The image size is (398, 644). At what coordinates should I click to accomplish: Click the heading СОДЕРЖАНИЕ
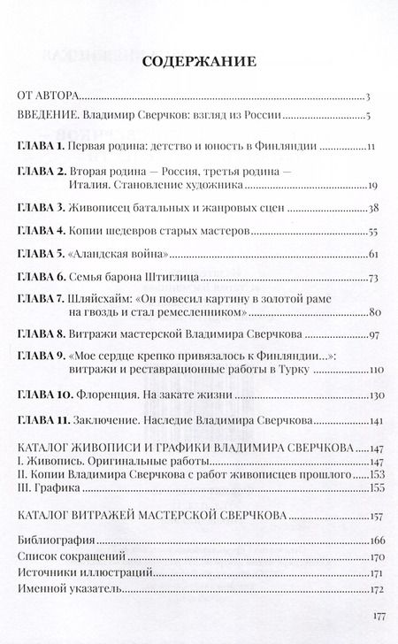click(x=199, y=63)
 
